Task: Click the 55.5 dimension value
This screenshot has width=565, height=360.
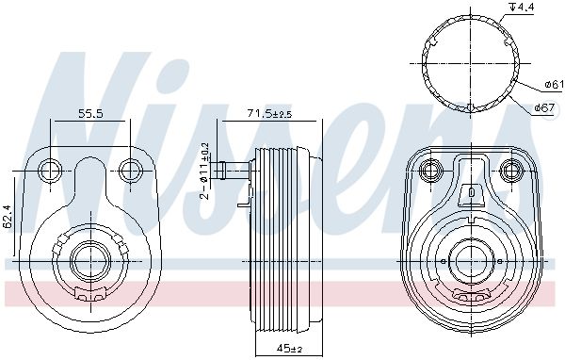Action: pyautogui.click(x=90, y=114)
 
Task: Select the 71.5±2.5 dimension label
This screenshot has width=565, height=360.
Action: pyautogui.click(x=269, y=114)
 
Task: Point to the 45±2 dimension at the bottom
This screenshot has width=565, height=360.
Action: pyautogui.click(x=290, y=348)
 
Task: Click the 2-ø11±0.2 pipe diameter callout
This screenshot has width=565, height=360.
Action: pyautogui.click(x=204, y=172)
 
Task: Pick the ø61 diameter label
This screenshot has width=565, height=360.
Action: pyautogui.click(x=554, y=85)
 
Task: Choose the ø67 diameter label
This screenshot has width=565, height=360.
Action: pyautogui.click(x=543, y=107)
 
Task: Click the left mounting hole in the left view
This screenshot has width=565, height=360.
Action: pyautogui.click(x=50, y=171)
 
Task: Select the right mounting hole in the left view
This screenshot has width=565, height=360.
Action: pyautogui.click(x=131, y=171)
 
